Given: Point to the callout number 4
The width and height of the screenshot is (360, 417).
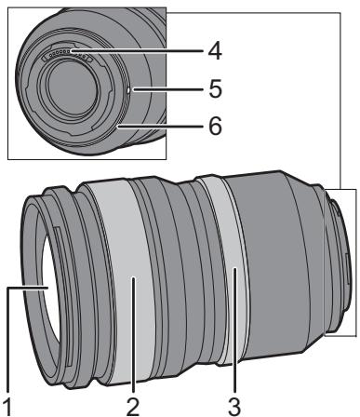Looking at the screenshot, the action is [x=215, y=51].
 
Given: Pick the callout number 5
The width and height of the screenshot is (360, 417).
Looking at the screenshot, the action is [x=216, y=88].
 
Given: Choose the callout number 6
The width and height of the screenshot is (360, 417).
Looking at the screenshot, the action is [x=216, y=126].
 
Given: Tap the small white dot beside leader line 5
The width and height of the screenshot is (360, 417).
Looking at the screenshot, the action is [x=129, y=90].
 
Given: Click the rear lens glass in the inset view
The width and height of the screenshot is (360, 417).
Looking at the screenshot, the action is [x=72, y=89].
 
